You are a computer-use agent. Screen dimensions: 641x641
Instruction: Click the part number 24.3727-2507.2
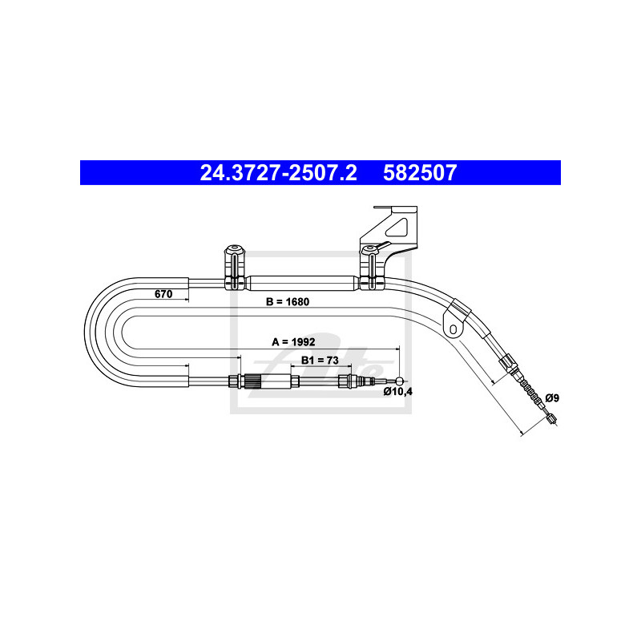(278, 172)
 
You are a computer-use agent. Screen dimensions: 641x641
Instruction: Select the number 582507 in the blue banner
(420, 172)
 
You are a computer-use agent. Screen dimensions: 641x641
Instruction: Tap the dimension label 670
(163, 294)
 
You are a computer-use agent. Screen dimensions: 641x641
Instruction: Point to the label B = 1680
(288, 302)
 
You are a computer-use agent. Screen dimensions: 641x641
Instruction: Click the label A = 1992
(293, 342)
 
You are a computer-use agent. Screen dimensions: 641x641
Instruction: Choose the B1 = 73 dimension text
(320, 360)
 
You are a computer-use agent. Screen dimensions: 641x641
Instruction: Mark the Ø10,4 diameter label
(397, 392)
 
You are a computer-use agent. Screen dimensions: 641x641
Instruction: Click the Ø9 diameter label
(552, 397)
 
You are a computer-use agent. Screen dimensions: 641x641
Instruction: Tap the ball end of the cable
(399, 381)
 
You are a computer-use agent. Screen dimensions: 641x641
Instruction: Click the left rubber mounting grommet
(235, 268)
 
